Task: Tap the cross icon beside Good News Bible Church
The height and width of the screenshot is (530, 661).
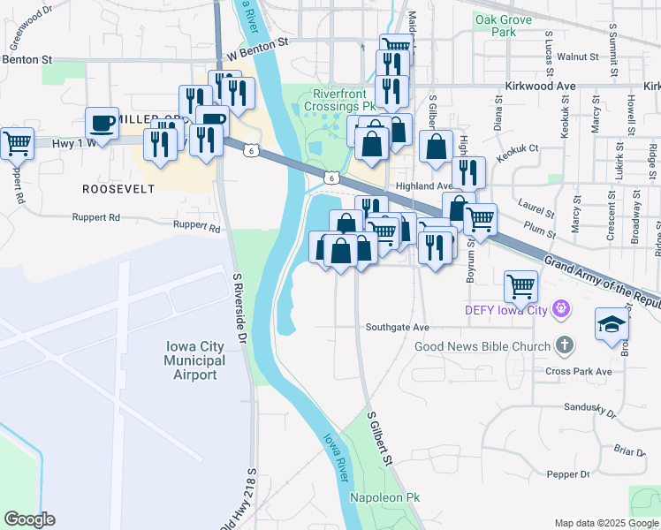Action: click(x=566, y=346)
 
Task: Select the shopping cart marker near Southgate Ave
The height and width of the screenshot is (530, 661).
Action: click(x=521, y=286)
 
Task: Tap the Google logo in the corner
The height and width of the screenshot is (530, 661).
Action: click(x=29, y=519)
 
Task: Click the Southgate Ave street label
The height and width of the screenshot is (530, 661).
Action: click(x=398, y=328)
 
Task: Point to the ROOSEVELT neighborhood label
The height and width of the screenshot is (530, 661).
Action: click(x=118, y=189)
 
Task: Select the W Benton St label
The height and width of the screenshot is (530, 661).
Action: click(x=257, y=55)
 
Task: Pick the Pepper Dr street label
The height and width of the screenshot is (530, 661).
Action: click(x=567, y=474)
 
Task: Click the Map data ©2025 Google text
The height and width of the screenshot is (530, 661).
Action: click(x=605, y=523)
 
